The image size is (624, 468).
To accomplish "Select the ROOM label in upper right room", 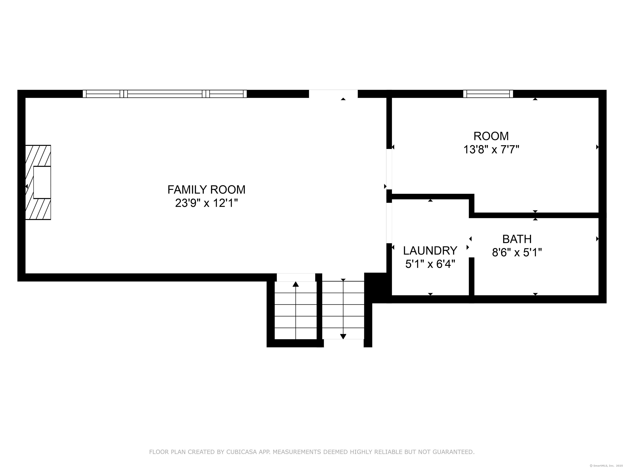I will [x=491, y=136].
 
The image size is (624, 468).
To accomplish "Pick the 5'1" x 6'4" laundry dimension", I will [x=430, y=264].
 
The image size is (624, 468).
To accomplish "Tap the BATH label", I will [x=517, y=239].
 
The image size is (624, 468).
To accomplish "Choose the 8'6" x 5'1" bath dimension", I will [x=517, y=252].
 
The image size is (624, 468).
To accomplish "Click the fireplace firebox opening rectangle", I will [x=42, y=182].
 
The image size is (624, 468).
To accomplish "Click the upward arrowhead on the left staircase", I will [x=295, y=284].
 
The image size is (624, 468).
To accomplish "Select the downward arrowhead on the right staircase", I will [x=343, y=337].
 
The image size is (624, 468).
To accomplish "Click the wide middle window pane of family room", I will [x=165, y=94].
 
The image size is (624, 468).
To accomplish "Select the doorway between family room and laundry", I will [x=389, y=223].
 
